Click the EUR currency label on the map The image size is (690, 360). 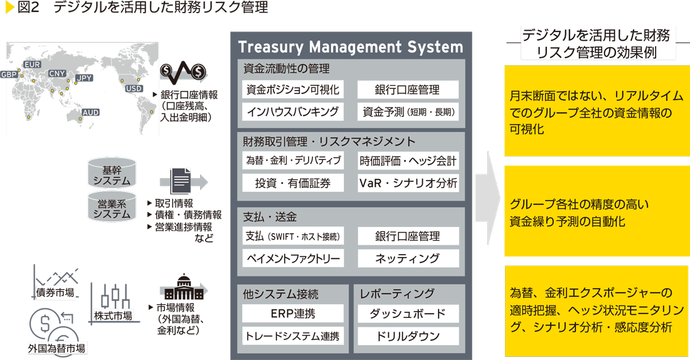pos(32,65)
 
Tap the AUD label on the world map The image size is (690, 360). pos(90,113)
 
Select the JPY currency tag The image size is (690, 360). pos(83,78)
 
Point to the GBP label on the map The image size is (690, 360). pos(9,75)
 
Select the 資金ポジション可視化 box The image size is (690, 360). pos(293,90)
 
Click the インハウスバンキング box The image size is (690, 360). pos(293,112)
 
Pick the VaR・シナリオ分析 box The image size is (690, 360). pos(408,183)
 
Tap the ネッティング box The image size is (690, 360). pos(408,258)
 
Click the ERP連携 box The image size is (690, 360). pos(293,314)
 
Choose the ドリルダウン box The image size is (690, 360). pos(408,336)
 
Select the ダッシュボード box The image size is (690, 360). pos(408,314)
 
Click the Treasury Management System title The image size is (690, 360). pos(351,47)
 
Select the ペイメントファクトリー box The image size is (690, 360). pos(293,258)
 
